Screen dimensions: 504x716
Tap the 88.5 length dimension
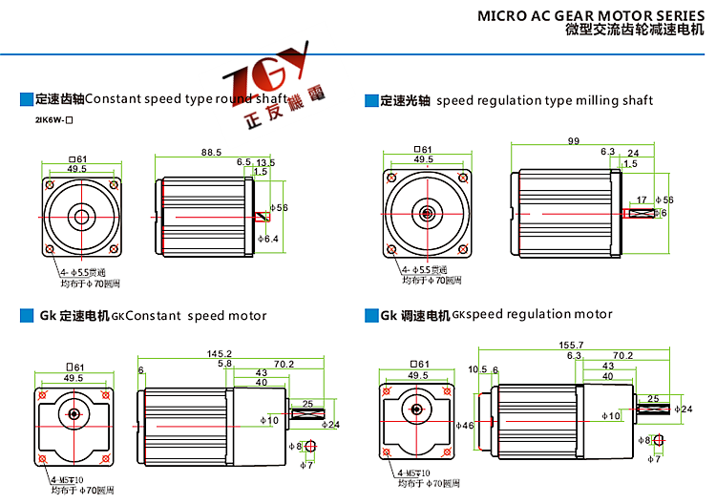[211, 152]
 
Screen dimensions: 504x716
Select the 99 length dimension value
[574, 140]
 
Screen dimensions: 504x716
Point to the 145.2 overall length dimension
[220, 353]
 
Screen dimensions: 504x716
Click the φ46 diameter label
[465, 425]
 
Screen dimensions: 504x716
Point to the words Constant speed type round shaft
[186, 98]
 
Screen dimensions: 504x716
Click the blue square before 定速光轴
[370, 100]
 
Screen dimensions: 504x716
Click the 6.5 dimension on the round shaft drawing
[243, 162]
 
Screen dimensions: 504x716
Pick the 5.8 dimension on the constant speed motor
[225, 364]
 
